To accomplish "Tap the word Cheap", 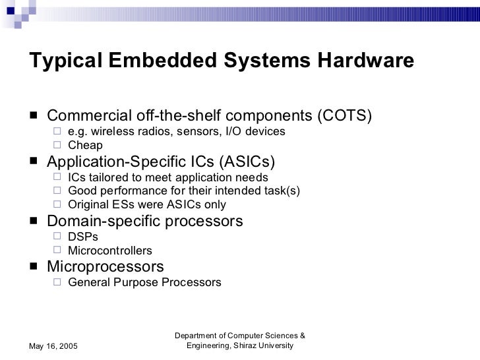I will click(x=86, y=146).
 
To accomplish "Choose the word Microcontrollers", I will click(x=110, y=251).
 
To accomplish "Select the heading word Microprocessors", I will click(x=105, y=267).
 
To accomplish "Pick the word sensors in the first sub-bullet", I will click(x=195, y=131).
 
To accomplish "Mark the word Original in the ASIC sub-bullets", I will click(x=88, y=205).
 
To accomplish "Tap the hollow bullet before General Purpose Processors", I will click(x=57, y=282).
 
